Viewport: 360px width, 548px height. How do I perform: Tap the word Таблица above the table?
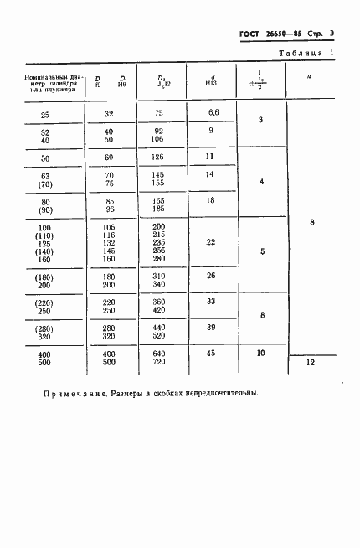tap(302, 54)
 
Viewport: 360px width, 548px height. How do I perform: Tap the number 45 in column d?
tap(211, 354)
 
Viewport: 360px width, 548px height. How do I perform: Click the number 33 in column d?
tap(211, 301)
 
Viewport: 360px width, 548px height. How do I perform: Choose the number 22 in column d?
tap(211, 242)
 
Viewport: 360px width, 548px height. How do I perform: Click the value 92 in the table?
tap(158, 131)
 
